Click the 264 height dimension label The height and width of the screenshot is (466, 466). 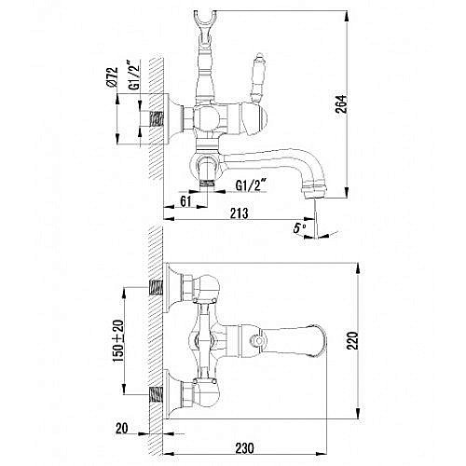click(x=341, y=103)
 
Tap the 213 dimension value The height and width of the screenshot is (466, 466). click(x=240, y=213)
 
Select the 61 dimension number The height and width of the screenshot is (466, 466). click(x=185, y=201)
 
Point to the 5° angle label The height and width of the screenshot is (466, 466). click(x=299, y=229)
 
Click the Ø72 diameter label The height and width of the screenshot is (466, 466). click(x=112, y=77)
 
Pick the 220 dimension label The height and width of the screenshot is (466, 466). click(x=352, y=341)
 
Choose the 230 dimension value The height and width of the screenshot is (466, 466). click(x=244, y=448)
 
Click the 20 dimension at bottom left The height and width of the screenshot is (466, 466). click(x=121, y=428)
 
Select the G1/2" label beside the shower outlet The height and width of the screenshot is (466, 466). click(x=251, y=185)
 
